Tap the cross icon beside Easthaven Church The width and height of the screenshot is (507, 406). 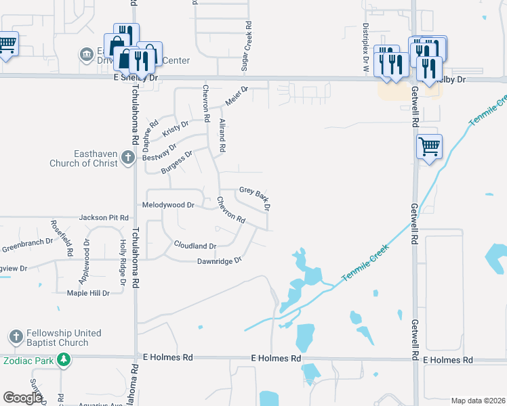pyautogui.click(x=128, y=158)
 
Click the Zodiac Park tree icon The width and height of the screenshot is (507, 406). pyautogui.click(x=64, y=361)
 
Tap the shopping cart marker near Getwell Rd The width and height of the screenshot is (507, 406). pyautogui.click(x=429, y=145)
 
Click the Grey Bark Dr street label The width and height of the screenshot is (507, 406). pyautogui.click(x=255, y=197)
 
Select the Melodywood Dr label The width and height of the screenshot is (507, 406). pyautogui.click(x=168, y=204)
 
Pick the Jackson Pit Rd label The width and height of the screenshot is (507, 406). pyautogui.click(x=104, y=218)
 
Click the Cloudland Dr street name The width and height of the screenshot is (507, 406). pyautogui.click(x=195, y=246)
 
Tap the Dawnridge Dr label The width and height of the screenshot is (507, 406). pyautogui.click(x=220, y=261)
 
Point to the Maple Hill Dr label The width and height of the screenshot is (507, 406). pyautogui.click(x=88, y=293)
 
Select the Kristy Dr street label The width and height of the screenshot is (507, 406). pyautogui.click(x=176, y=129)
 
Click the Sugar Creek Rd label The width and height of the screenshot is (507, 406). pyautogui.click(x=249, y=47)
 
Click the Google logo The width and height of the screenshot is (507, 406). pyautogui.click(x=23, y=398)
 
